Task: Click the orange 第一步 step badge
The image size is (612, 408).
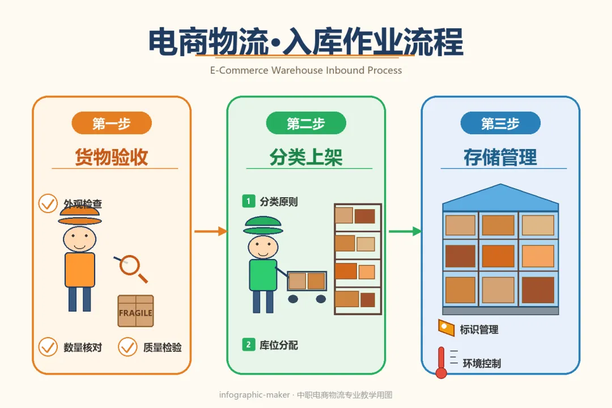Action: point(112,123)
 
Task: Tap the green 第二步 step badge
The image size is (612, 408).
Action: point(306,123)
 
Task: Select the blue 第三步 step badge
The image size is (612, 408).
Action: point(500,123)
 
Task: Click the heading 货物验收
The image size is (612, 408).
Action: point(112,157)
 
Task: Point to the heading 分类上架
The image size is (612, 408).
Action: point(306,157)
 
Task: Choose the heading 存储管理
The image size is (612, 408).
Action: point(500,157)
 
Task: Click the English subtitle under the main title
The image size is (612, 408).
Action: point(306,70)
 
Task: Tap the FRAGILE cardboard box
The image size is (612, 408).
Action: point(135,311)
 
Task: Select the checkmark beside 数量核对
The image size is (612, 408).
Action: point(48,347)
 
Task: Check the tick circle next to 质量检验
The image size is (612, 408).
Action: point(127,347)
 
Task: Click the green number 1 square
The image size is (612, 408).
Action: point(249,201)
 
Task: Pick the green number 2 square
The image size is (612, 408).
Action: point(249,345)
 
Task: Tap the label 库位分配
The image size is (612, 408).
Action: point(279,345)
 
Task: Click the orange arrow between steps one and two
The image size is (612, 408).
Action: point(211,231)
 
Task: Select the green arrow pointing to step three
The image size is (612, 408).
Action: point(405,231)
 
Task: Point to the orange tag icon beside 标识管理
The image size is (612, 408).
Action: point(446,328)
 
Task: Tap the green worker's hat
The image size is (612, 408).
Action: point(263,226)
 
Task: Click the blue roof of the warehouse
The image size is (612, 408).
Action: point(500,197)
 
